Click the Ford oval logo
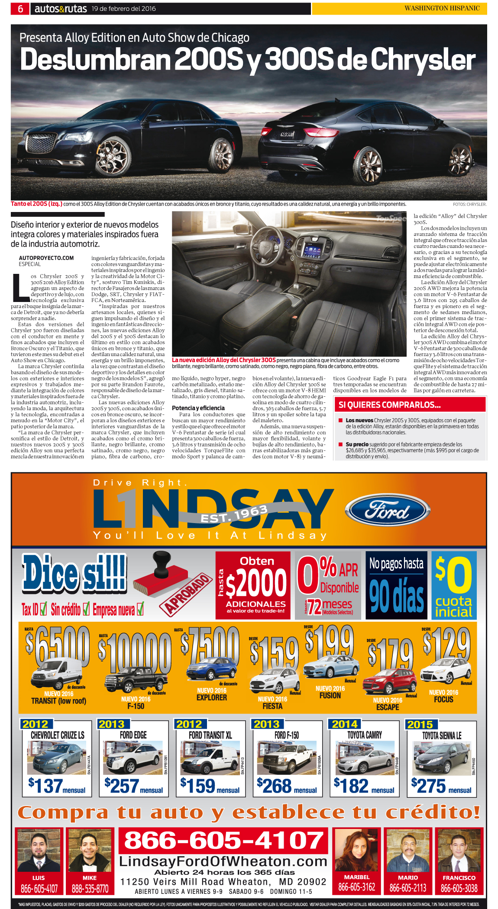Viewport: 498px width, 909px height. tap(388, 511)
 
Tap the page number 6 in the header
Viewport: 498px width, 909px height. tap(20, 9)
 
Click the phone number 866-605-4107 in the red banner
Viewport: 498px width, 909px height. tap(224, 840)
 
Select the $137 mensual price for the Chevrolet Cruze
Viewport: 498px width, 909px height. tap(57, 786)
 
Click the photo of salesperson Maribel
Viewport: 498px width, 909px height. tap(356, 850)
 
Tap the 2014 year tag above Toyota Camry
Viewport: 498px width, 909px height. tap(345, 724)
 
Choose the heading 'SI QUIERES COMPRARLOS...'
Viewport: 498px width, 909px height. tap(390, 405)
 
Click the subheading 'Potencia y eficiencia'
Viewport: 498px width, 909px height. tap(198, 408)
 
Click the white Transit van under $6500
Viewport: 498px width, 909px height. tap(57, 673)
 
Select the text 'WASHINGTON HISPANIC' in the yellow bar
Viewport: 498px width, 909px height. tap(442, 8)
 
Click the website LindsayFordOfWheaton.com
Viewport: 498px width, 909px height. tap(223, 861)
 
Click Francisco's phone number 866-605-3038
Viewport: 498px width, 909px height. tap(459, 888)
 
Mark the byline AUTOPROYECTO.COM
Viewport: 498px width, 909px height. tap(46, 258)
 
